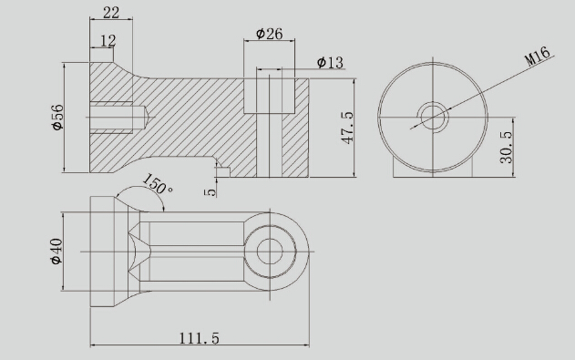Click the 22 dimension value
(x=111, y=13)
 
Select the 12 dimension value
(x=108, y=41)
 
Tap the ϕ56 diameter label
(x=57, y=118)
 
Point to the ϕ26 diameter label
(x=270, y=34)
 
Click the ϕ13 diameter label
(x=330, y=62)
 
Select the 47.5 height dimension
(x=347, y=128)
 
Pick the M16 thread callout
(x=538, y=56)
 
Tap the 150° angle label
(x=157, y=184)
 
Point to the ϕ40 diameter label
(x=56, y=252)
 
